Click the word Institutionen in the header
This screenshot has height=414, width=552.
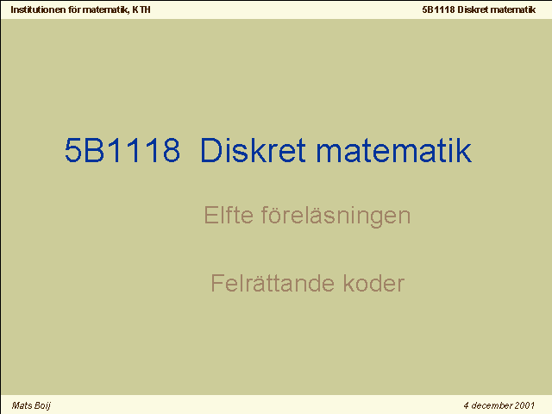click(38, 9)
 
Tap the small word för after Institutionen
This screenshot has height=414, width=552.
click(75, 9)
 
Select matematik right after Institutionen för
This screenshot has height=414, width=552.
click(106, 9)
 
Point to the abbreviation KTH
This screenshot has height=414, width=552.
click(141, 9)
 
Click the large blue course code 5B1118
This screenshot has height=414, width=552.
click(122, 150)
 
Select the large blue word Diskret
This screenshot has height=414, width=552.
click(253, 150)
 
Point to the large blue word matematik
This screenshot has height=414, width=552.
click(393, 150)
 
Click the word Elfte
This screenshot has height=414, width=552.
click(229, 215)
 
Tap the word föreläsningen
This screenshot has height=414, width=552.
click(336, 216)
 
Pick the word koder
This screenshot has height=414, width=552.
click(373, 283)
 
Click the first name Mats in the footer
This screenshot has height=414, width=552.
click(22, 405)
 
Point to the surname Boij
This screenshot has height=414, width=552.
click(42, 406)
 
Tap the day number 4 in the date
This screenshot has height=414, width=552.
click(466, 405)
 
